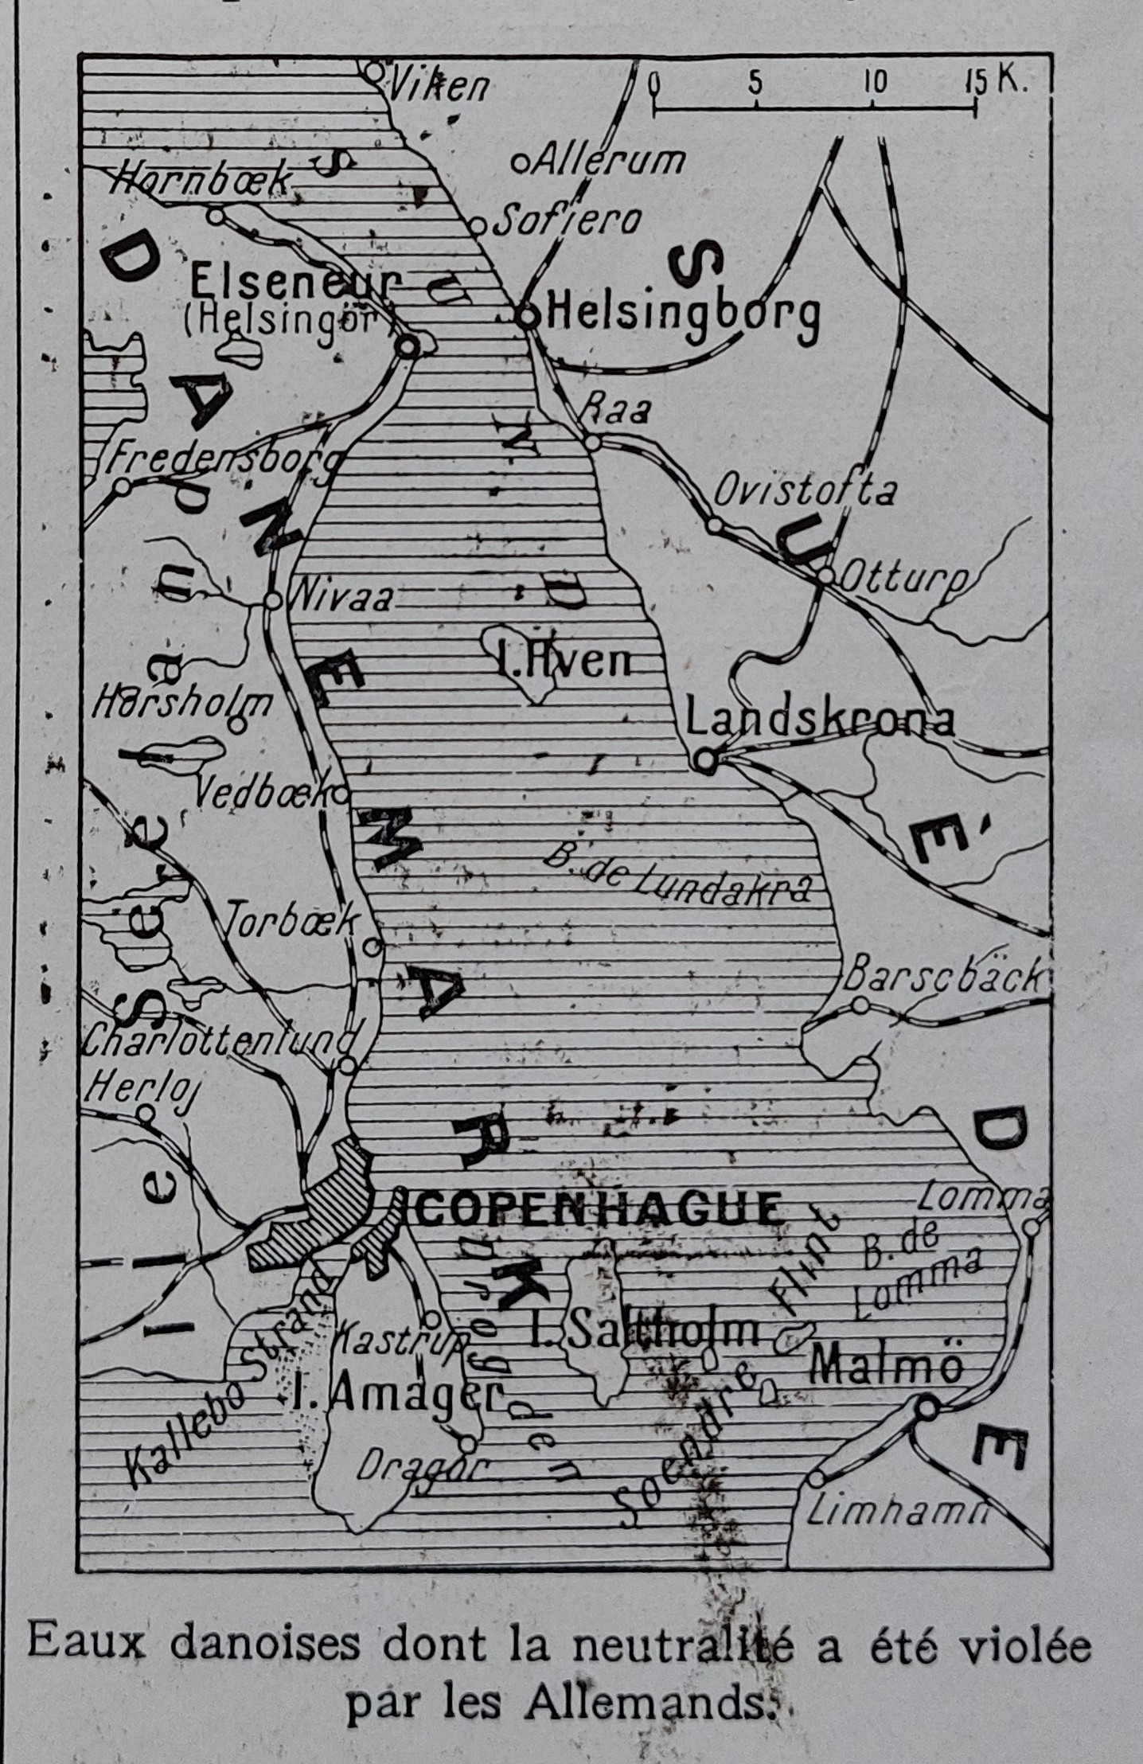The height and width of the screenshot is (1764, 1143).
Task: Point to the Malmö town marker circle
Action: [x=926, y=1408]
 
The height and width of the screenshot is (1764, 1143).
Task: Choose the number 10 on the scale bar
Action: [x=876, y=81]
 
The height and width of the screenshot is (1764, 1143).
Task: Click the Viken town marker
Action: [x=374, y=72]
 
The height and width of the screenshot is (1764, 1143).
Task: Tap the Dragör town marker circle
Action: [x=468, y=1443]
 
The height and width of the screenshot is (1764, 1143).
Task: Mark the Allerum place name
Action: [x=607, y=161]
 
